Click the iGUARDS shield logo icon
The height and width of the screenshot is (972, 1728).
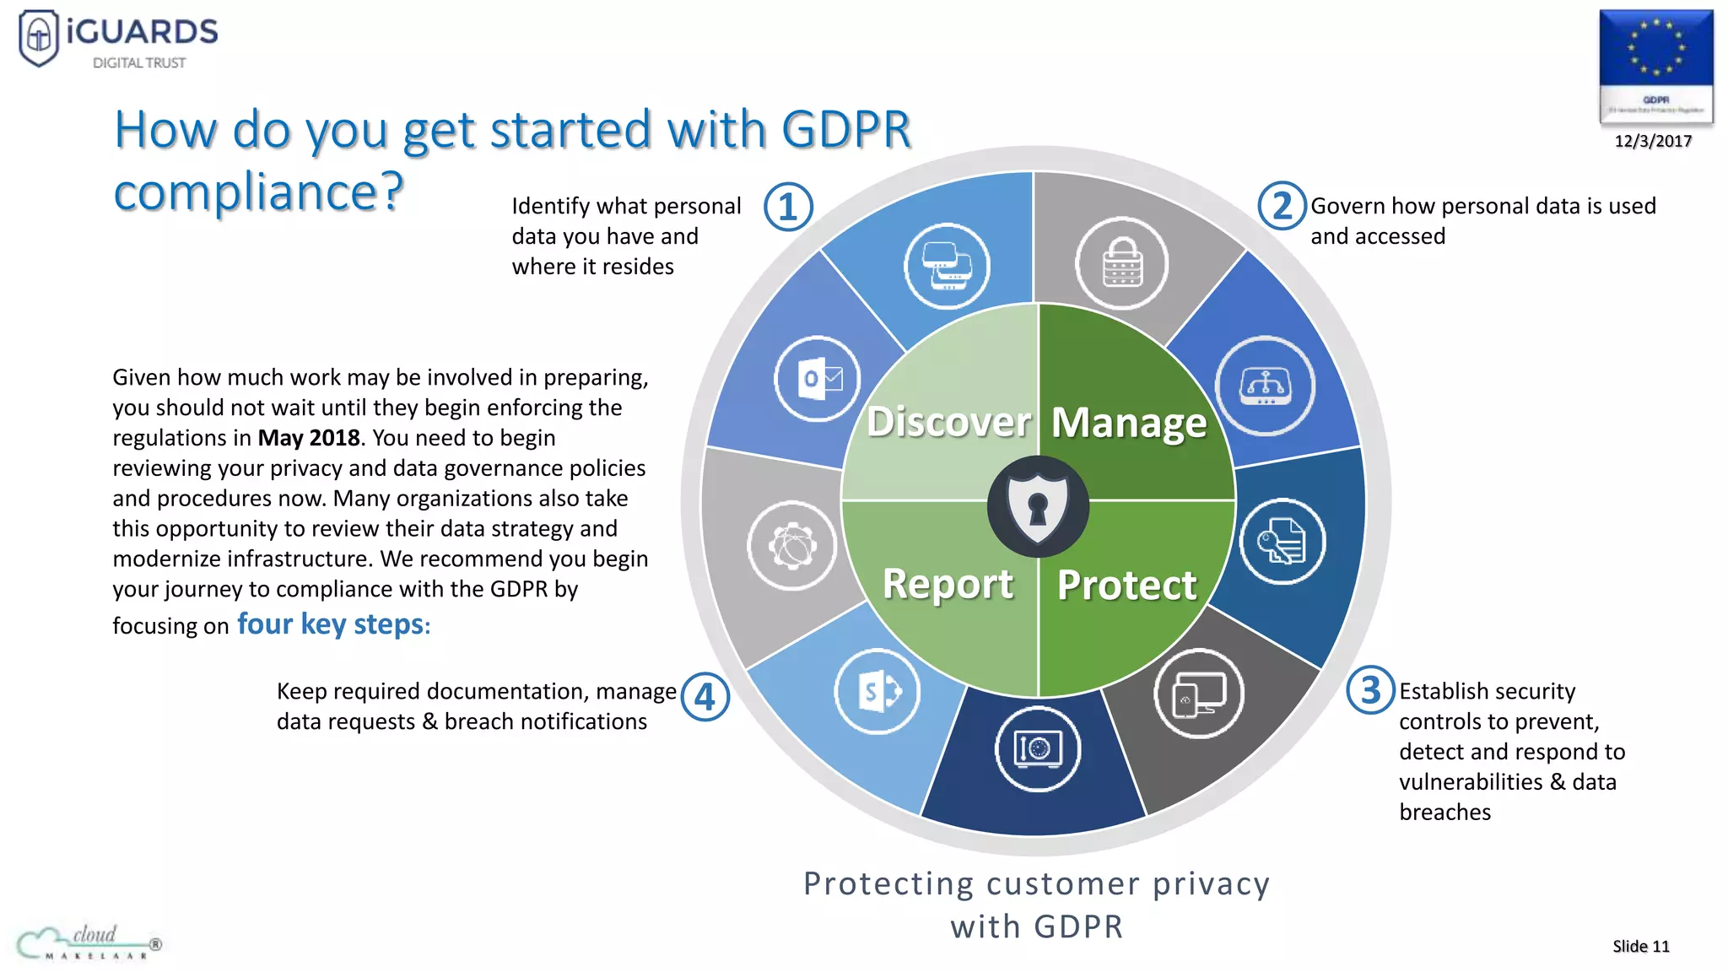tap(39, 37)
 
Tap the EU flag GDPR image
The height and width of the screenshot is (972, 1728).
tap(1655, 66)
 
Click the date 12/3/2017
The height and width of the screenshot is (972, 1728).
tap(1653, 141)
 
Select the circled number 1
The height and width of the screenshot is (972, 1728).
tap(788, 207)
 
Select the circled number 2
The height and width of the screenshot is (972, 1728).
tap(1282, 206)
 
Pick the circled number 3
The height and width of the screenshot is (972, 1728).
tap(1370, 689)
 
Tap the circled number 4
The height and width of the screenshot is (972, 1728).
tap(705, 697)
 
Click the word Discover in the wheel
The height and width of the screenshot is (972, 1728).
tap(948, 421)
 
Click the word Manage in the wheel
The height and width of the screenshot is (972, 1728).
tap(1128, 422)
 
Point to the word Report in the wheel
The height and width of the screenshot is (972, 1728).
tap(948, 583)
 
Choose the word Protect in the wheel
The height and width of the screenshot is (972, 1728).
tap(1126, 585)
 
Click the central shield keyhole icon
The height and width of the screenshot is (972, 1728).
tap(1038, 506)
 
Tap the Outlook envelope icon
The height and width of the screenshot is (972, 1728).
tap(818, 379)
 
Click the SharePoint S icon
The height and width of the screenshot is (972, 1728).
tap(877, 692)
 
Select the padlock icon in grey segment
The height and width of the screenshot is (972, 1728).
tap(1121, 263)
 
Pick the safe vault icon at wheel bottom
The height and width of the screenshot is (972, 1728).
tap(1037, 748)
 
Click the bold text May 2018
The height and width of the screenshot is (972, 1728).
tap(309, 438)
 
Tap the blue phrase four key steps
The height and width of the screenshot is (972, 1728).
tap(331, 624)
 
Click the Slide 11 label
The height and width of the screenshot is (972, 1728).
tap(1640, 946)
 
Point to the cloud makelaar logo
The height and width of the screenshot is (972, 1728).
tap(89, 942)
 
